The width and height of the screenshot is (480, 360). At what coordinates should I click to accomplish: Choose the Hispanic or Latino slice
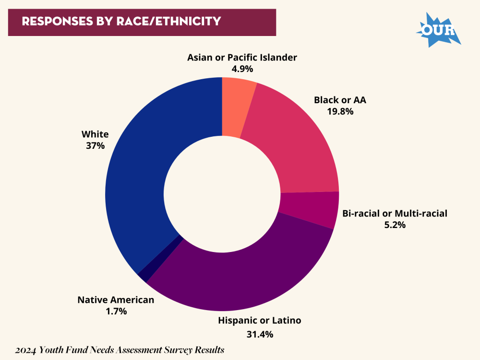[240, 278]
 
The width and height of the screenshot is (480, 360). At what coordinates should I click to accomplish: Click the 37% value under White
[95, 145]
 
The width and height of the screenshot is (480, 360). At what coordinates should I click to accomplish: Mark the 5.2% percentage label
[395, 224]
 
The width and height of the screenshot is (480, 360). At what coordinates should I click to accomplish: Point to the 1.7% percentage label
[116, 311]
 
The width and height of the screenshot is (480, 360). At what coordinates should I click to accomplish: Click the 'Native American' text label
[116, 300]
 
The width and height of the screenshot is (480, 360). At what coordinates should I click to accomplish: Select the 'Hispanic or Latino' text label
[260, 320]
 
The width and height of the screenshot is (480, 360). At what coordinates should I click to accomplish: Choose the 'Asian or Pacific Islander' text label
[242, 58]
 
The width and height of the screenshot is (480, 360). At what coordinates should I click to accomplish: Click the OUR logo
[438, 30]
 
